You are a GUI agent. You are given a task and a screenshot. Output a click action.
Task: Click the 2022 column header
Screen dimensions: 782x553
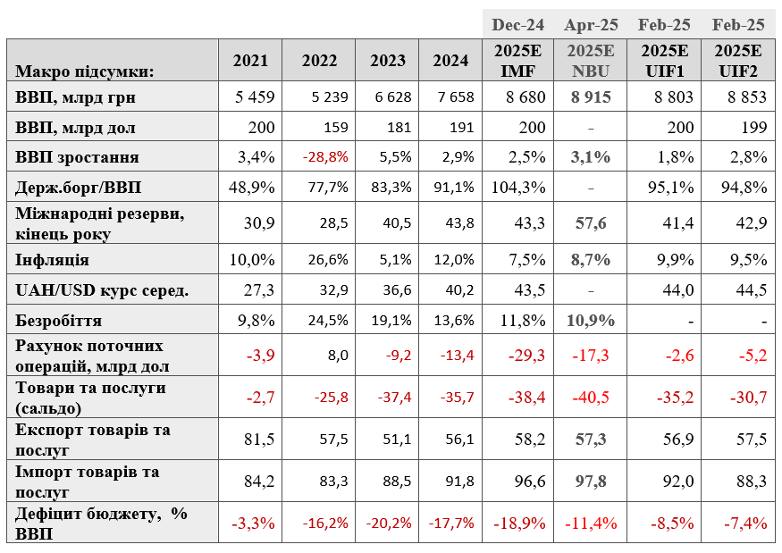[x=319, y=61]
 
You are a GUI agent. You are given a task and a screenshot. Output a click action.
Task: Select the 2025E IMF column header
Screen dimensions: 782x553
[x=517, y=61]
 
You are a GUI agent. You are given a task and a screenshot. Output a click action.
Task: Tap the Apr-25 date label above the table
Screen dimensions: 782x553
[x=591, y=25]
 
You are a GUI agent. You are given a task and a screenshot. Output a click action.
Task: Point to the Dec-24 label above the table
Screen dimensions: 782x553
[x=517, y=25]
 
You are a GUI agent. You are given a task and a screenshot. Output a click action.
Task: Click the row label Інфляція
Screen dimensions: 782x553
[x=52, y=260]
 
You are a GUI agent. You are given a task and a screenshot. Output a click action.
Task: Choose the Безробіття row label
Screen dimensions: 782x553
[x=58, y=320]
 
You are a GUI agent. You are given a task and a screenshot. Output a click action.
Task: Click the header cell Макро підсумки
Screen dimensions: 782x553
[x=85, y=71]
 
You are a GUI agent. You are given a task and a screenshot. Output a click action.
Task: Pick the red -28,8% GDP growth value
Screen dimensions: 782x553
[x=325, y=157]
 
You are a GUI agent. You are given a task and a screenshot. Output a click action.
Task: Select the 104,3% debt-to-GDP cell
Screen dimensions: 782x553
[x=518, y=188]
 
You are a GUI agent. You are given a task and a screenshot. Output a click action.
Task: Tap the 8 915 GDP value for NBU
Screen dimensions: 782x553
[x=591, y=96]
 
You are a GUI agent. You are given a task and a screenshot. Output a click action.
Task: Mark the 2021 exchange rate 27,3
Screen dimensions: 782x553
[x=259, y=289]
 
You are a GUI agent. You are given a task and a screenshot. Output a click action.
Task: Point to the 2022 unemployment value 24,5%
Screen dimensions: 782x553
[x=328, y=320]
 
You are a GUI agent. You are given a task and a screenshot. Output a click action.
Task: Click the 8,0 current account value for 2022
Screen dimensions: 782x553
[x=338, y=355]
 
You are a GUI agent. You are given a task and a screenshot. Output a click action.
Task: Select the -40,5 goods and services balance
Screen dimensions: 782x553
[x=591, y=398]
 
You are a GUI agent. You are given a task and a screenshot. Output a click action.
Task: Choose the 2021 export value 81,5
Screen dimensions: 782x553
[x=259, y=440]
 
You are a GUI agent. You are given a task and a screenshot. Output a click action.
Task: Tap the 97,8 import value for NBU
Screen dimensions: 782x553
[x=591, y=482]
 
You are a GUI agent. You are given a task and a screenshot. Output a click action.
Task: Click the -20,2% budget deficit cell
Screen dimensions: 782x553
[x=389, y=524]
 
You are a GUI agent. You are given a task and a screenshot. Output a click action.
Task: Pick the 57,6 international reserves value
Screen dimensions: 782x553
[x=591, y=222]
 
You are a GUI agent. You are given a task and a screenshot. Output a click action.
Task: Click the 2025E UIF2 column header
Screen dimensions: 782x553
[x=738, y=61]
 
